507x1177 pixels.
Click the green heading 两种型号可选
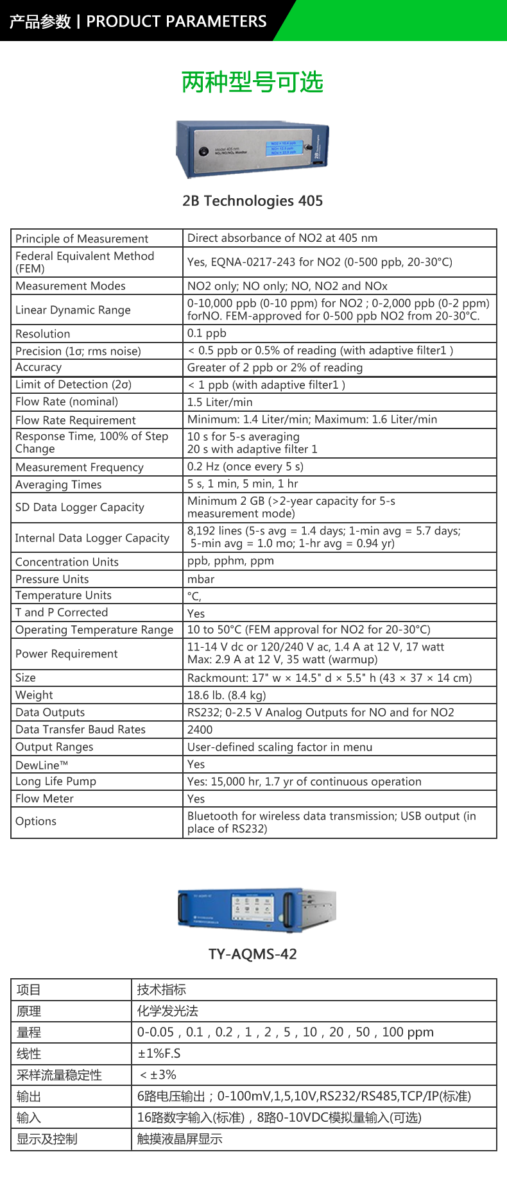coord(252,82)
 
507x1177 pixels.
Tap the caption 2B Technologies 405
coord(252,201)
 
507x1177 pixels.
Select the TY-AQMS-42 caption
coord(252,954)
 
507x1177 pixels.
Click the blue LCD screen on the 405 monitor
coord(283,148)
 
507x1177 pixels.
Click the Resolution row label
coord(43,334)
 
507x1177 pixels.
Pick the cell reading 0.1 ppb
coord(207,334)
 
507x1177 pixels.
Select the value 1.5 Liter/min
coord(219,402)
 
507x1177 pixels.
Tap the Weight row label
coord(35,695)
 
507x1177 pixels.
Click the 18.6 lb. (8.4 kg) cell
coord(227,695)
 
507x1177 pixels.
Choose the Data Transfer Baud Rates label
coord(80,729)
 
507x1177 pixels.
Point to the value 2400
coord(200,730)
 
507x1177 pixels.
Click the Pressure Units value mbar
coord(201,579)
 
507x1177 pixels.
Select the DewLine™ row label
coord(42,765)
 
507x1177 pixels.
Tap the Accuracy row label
coord(39,368)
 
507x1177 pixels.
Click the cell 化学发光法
coord(168,1012)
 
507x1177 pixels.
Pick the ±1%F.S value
coord(159,1054)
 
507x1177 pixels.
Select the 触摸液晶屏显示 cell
coord(180,1139)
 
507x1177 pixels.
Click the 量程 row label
coord(29,1033)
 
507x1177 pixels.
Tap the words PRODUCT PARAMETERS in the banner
coord(176,21)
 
